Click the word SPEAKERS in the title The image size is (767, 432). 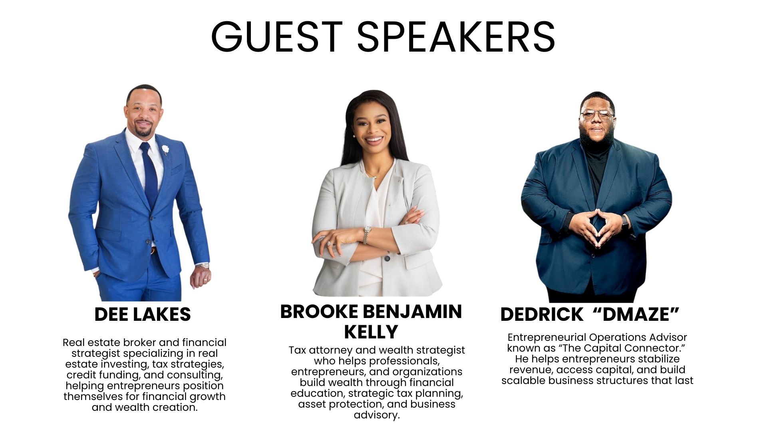click(x=456, y=36)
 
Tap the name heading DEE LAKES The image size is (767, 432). click(x=143, y=314)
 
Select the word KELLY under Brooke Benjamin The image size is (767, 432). click(x=371, y=332)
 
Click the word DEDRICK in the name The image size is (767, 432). click(x=542, y=314)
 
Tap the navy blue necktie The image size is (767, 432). click(x=150, y=176)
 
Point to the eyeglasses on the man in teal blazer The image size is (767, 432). click(x=597, y=116)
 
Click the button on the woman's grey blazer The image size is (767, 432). click(x=387, y=258)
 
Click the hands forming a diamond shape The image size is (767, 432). click(x=596, y=227)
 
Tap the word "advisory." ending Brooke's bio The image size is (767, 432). click(x=377, y=415)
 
